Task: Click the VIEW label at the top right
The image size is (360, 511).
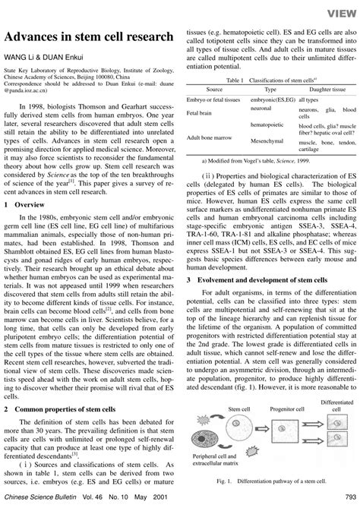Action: (x=338, y=11)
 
